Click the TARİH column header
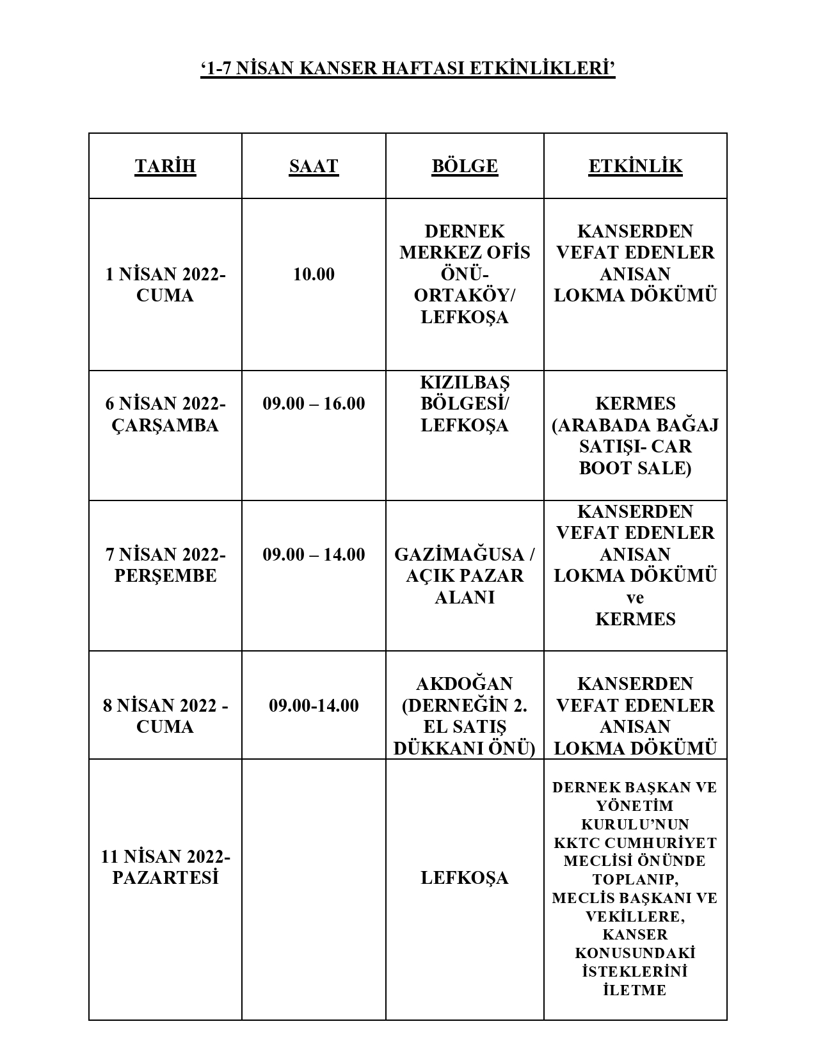coord(165,166)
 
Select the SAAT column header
coord(314,166)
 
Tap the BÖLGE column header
coord(465,166)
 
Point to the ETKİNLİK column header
coord(636,166)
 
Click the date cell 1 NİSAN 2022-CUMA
coord(165,285)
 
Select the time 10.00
coord(314,275)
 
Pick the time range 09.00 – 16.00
coord(314,404)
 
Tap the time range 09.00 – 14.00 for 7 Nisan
coord(314,554)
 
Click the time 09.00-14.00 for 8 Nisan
coord(314,706)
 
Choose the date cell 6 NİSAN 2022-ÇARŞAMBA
coord(165,415)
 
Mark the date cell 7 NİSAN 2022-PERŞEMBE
coord(165,565)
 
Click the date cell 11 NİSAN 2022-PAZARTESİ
coord(165,867)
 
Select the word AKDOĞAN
coord(465,684)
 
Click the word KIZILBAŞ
coord(465,383)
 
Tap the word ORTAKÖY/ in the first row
coord(465,296)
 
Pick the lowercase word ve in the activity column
coord(635,598)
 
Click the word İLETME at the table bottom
coord(635,990)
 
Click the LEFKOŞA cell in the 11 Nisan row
coord(465,877)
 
